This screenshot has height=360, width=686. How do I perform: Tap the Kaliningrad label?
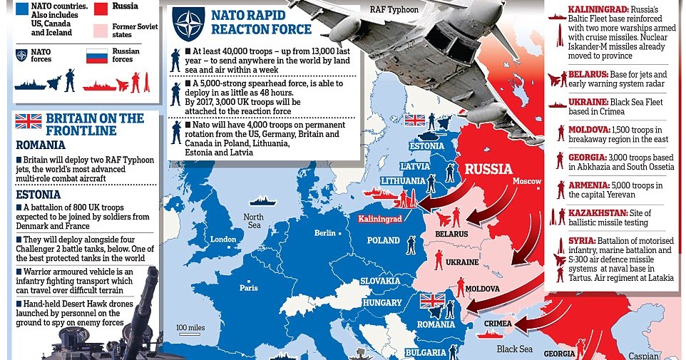[x=380, y=219]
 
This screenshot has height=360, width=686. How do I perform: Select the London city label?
[x=223, y=239]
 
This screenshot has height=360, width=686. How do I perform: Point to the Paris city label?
[x=248, y=288]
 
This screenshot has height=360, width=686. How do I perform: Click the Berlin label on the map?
[x=324, y=233]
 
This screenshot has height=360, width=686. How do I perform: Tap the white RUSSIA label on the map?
[x=488, y=170]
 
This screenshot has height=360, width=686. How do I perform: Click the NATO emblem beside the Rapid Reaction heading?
[x=188, y=24]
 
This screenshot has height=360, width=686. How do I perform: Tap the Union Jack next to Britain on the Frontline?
[x=29, y=121]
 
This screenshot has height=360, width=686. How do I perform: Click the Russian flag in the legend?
[x=96, y=56]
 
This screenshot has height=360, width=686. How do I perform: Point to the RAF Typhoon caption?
[x=394, y=9]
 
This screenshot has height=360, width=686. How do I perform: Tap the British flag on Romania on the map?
[x=432, y=301]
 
